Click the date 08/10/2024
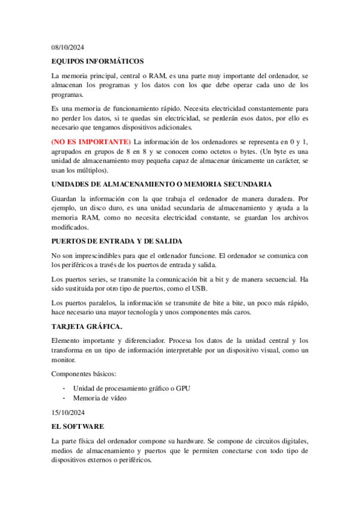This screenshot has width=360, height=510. pos(69,46)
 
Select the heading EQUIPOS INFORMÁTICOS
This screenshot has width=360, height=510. pos(97,61)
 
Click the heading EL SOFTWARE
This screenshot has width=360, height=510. pos(78,426)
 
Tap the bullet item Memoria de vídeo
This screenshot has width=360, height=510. pos(100,398)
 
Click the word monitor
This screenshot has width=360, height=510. pos(63,360)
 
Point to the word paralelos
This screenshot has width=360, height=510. pos(100,302)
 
